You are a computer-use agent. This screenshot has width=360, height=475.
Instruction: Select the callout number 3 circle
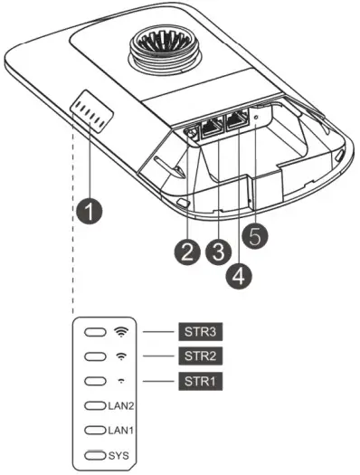click(x=215, y=252)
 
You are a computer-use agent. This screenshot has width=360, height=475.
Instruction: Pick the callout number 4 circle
click(x=238, y=278)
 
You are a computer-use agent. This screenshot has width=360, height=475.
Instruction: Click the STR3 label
click(x=197, y=332)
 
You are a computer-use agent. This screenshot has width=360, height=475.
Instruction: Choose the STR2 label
click(x=197, y=356)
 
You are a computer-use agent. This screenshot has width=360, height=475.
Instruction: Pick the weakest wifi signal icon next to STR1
click(x=121, y=381)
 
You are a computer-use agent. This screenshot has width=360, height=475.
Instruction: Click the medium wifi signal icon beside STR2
click(x=121, y=356)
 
